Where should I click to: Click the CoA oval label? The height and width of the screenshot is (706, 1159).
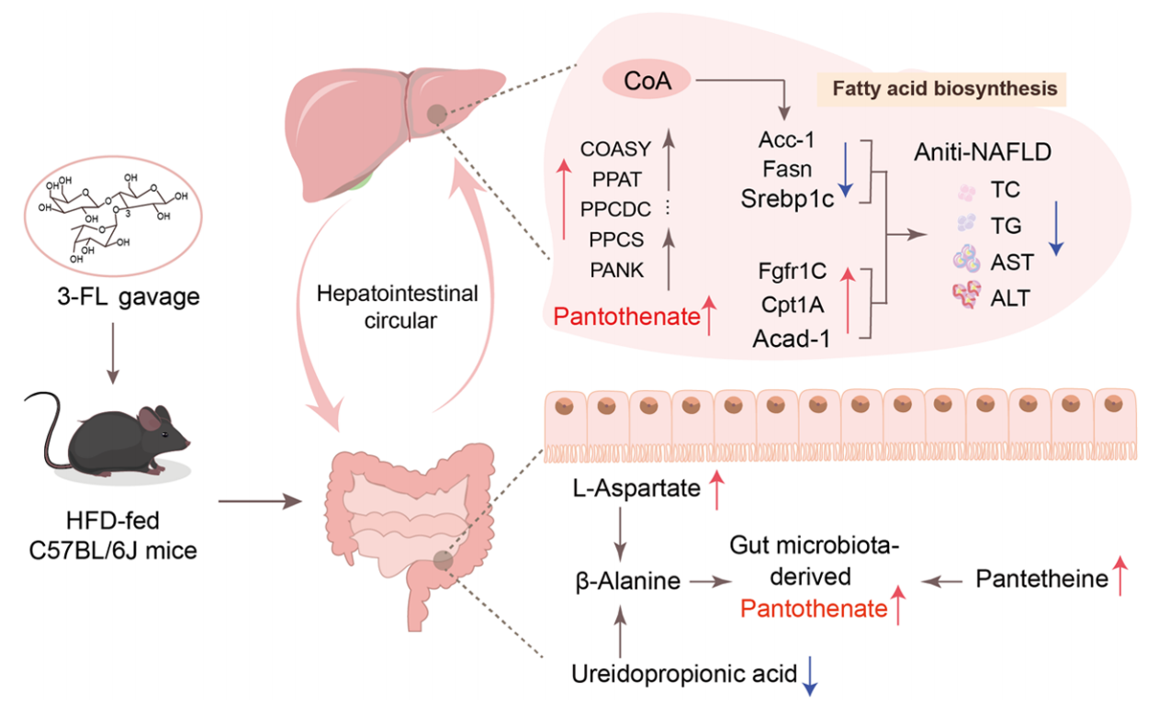pyautogui.click(x=647, y=81)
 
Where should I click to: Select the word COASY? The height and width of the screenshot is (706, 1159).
pyautogui.click(x=615, y=149)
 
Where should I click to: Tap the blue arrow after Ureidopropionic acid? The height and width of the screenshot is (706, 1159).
pyautogui.click(x=810, y=675)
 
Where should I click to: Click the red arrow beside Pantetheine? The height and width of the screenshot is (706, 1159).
pyautogui.click(x=1119, y=577)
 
